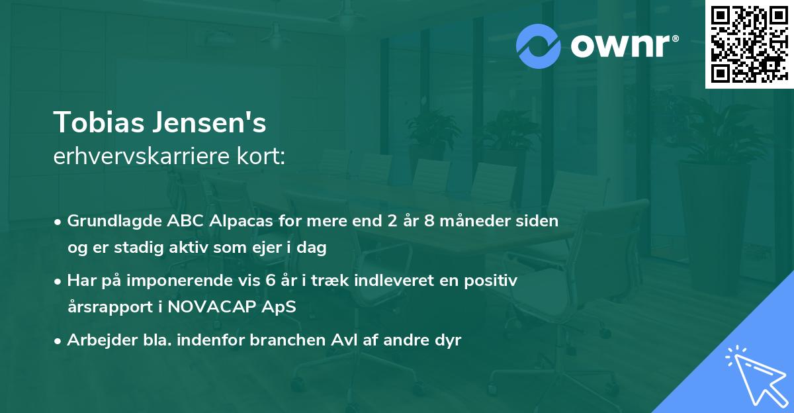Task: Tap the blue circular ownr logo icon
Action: pos(538,46)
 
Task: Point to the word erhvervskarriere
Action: pos(140,158)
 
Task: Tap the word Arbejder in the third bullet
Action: pos(97,340)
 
